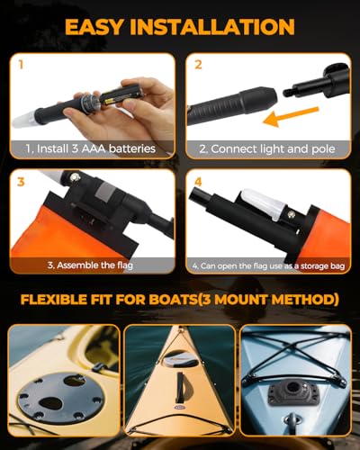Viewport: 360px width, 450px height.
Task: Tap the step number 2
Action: [198, 66]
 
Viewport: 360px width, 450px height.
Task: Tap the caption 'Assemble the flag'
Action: [95, 265]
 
